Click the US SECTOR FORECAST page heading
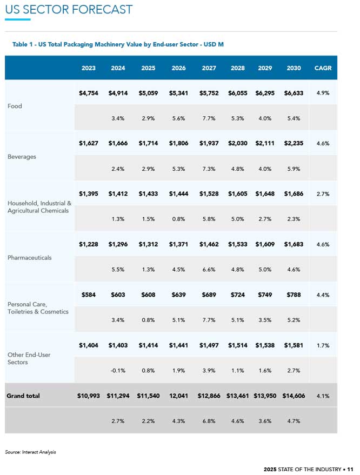point(69,9)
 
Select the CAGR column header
point(323,68)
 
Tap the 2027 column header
point(209,68)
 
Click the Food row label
point(15,106)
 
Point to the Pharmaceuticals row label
point(30,257)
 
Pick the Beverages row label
point(22,157)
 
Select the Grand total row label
point(23,396)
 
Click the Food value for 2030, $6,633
point(294,93)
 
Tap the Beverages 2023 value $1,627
point(89,144)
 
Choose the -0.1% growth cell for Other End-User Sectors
point(118,370)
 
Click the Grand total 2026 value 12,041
point(178,396)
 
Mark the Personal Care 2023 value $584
point(89,295)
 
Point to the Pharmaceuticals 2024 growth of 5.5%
point(118,269)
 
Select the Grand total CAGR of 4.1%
point(323,396)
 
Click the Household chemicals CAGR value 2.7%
point(323,193)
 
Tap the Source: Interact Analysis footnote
point(30,452)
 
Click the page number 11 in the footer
point(350,469)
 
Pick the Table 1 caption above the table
point(118,44)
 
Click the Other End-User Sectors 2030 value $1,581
point(294,345)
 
